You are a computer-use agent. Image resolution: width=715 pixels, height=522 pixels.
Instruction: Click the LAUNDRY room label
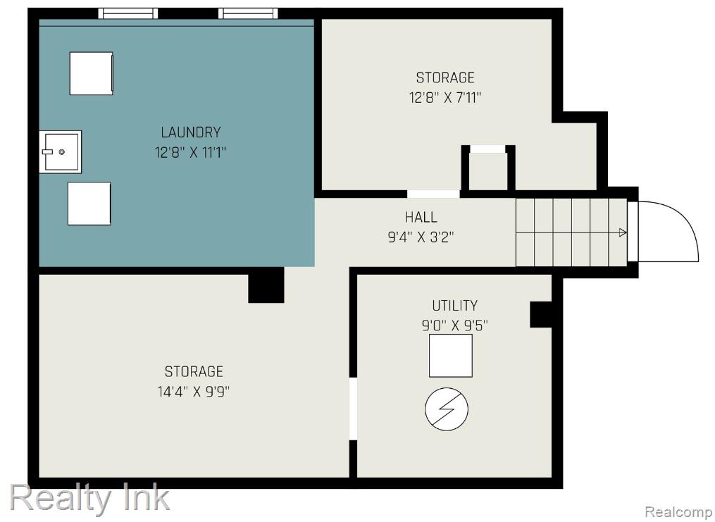pyautogui.click(x=191, y=132)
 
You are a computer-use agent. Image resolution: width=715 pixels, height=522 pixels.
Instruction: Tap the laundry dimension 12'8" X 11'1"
pyautogui.click(x=191, y=152)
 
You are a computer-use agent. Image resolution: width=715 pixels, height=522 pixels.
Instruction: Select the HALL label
pyautogui.click(x=421, y=217)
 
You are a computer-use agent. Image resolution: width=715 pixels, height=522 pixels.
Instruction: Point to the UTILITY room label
pyautogui.click(x=454, y=306)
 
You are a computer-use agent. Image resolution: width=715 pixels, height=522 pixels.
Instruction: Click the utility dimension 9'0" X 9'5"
pyautogui.click(x=454, y=325)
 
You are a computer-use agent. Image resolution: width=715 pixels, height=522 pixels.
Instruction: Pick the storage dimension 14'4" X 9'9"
pyautogui.click(x=194, y=392)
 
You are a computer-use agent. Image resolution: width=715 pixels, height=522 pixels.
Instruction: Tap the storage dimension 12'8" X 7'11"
pyautogui.click(x=445, y=97)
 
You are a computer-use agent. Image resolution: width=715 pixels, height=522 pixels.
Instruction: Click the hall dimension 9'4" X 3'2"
pyautogui.click(x=421, y=237)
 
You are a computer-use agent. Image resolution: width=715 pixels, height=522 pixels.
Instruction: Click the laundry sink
pyautogui.click(x=61, y=152)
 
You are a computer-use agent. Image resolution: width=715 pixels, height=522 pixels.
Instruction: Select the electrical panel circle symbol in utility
pyautogui.click(x=447, y=409)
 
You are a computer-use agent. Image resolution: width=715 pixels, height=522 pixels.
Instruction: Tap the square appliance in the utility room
pyautogui.click(x=451, y=356)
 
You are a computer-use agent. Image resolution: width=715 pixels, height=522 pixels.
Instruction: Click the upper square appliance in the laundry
pyautogui.click(x=91, y=73)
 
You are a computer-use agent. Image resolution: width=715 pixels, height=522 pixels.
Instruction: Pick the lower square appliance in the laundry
pyautogui.click(x=89, y=204)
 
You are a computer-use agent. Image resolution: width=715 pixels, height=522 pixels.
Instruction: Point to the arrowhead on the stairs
pyautogui.click(x=623, y=233)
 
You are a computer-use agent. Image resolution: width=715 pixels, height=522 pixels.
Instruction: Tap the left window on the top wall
pyautogui.click(x=128, y=13)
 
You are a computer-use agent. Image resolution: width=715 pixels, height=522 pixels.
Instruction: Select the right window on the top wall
pyautogui.click(x=247, y=13)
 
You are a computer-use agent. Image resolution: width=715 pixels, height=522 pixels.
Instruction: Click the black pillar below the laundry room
pyautogui.click(x=266, y=285)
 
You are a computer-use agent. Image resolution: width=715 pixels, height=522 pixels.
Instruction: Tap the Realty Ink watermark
pyautogui.click(x=90, y=498)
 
